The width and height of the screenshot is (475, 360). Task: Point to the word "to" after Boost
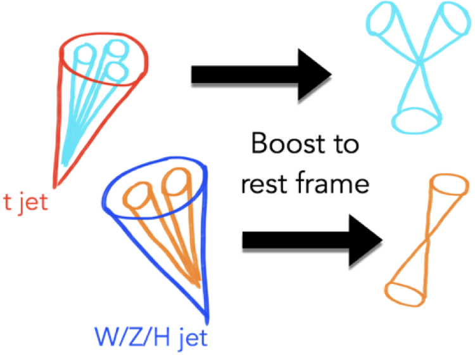click(343, 145)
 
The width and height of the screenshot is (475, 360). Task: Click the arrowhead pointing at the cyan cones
click(317, 77)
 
